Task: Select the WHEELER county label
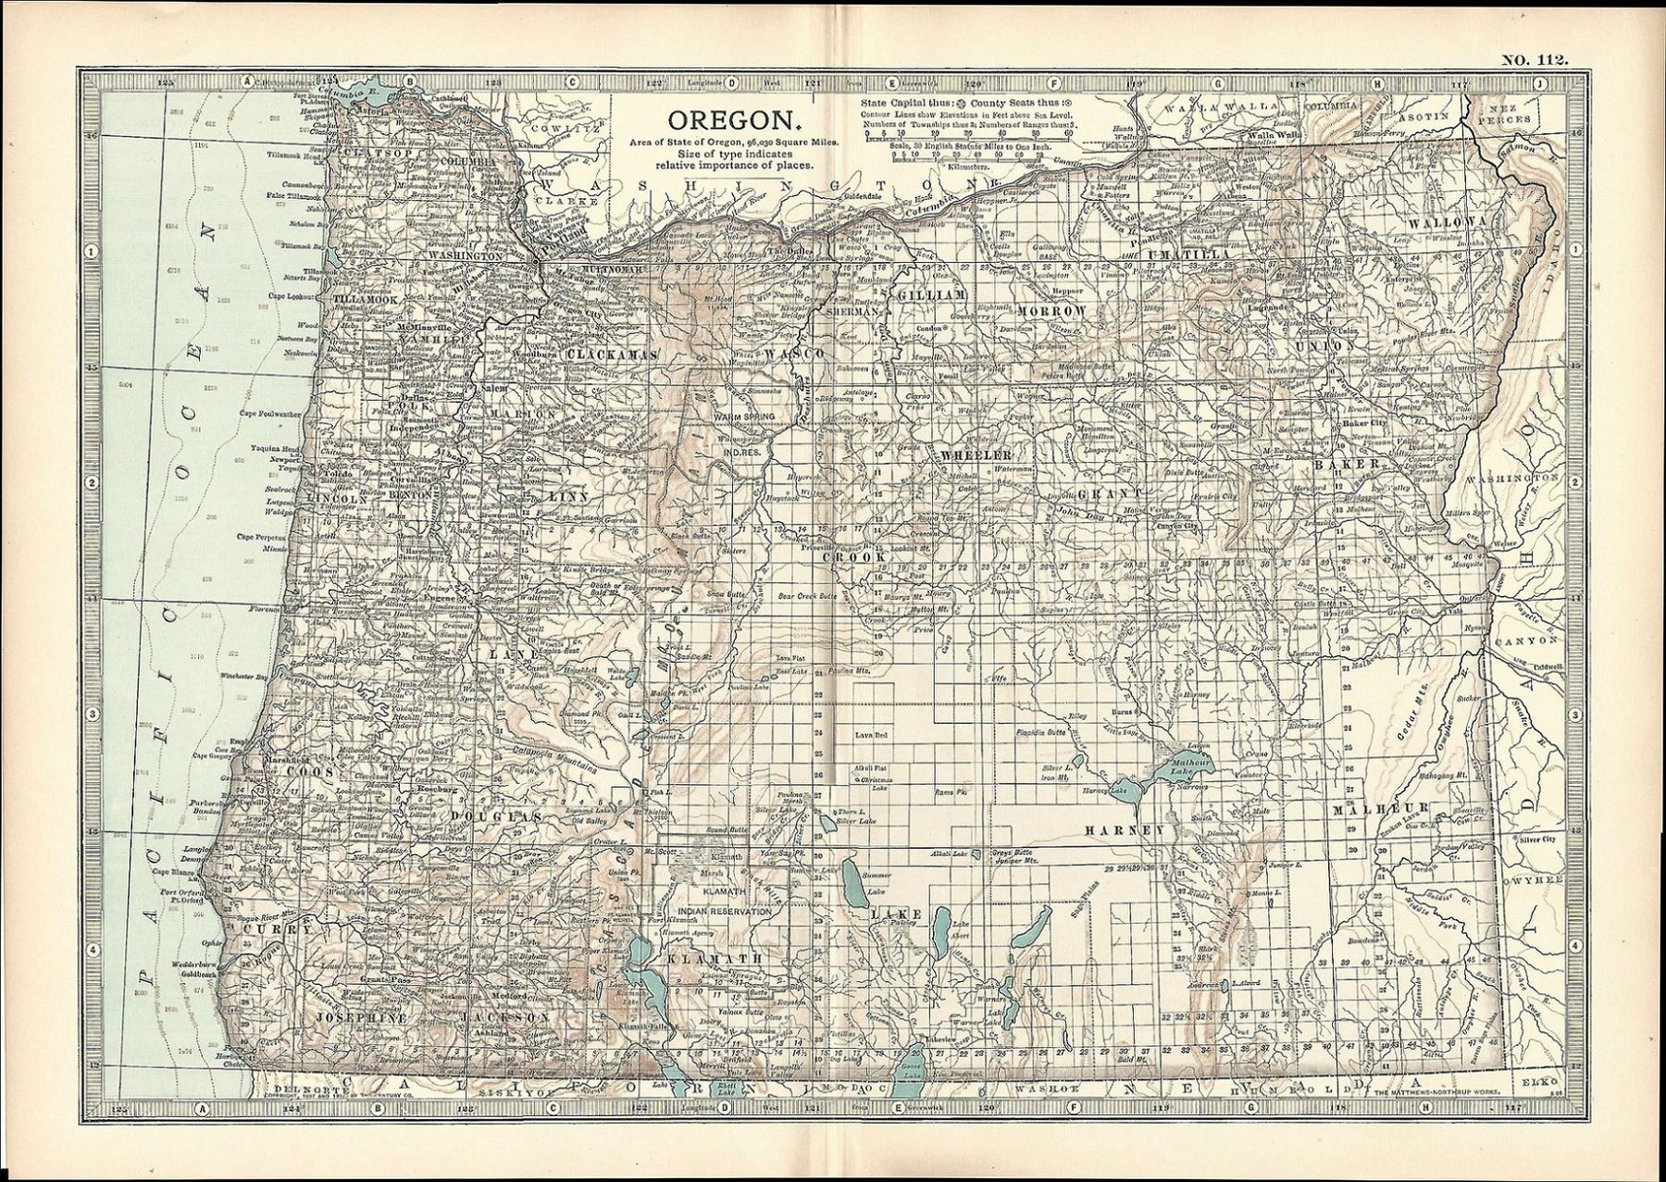pos(974,455)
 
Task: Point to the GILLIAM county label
pos(930,292)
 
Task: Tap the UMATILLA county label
pos(1188,253)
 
